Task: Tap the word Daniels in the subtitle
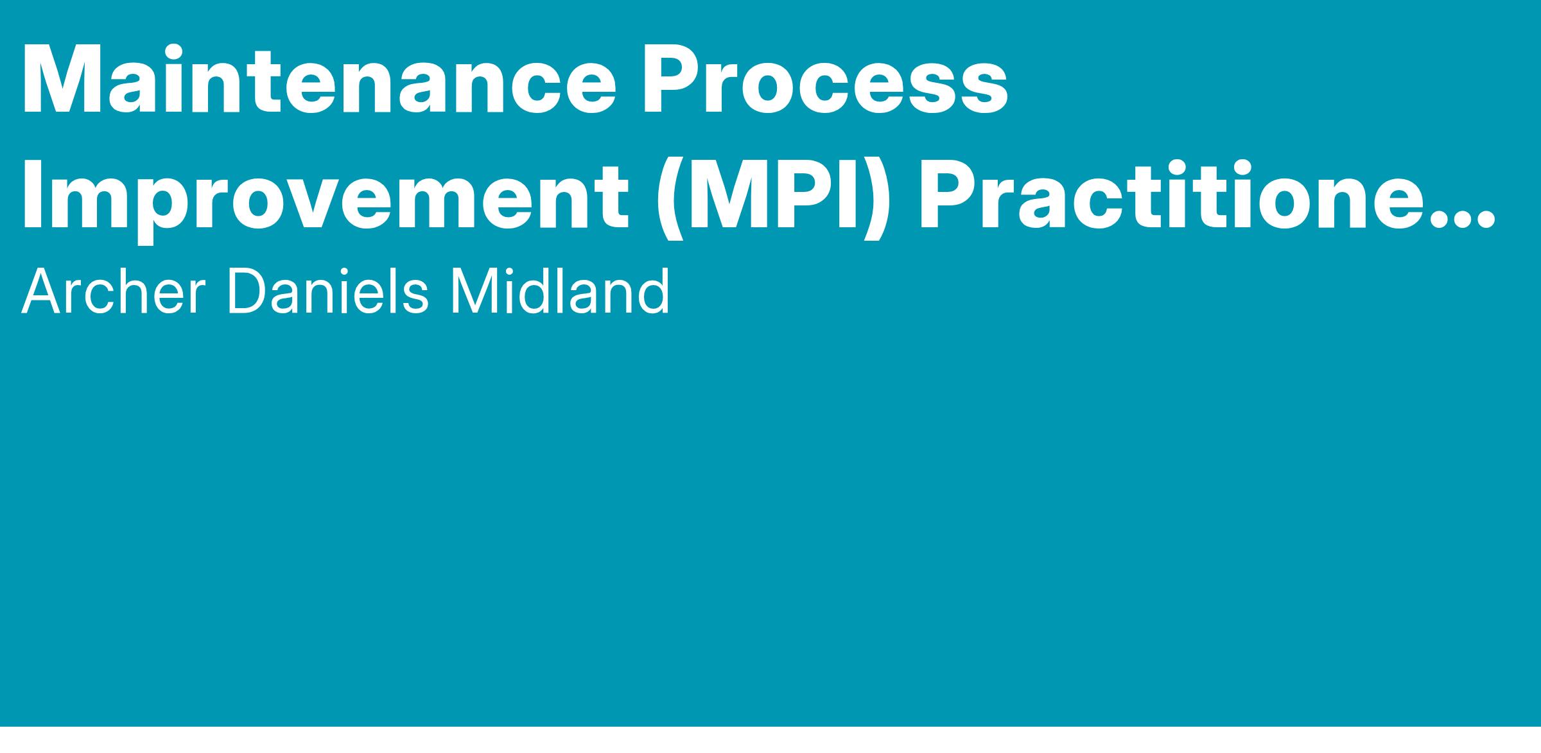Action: tap(328, 292)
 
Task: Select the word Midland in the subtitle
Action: tap(559, 292)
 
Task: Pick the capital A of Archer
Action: tap(43, 292)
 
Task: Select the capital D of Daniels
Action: tap(247, 292)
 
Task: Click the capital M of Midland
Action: tap(474, 292)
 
